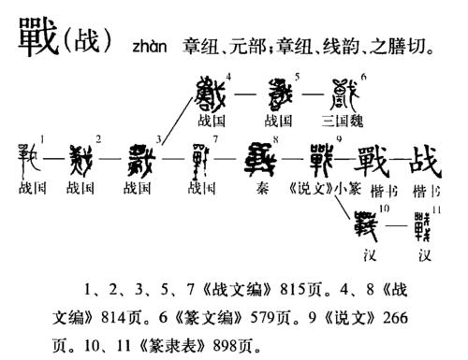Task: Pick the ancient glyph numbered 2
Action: pyautogui.click(x=82, y=160)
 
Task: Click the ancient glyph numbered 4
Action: pyautogui.click(x=211, y=94)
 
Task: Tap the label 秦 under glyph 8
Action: pyautogui.click(x=263, y=188)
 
